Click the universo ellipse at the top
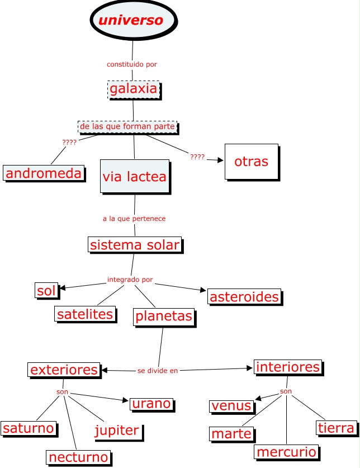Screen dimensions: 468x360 (133, 21)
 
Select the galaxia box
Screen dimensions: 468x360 (134, 89)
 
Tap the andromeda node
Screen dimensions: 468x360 (44, 173)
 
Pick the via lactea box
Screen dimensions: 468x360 (134, 177)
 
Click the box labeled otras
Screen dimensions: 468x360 (251, 162)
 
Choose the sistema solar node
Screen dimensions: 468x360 (135, 244)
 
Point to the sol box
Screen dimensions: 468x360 (46, 291)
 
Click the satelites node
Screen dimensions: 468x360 (85, 314)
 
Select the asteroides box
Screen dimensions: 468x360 (244, 297)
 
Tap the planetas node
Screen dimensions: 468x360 (164, 317)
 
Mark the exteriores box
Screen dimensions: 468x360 (64, 370)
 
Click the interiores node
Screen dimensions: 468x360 (288, 367)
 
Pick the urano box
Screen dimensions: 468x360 (151, 404)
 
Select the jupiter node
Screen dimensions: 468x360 (116, 431)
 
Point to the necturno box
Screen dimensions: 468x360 (78, 457)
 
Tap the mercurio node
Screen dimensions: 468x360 (287, 452)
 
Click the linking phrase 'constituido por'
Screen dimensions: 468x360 (132, 64)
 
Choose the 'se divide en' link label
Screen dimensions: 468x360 (158, 371)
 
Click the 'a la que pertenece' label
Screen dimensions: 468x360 (134, 219)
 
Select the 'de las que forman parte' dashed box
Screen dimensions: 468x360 (127, 127)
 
